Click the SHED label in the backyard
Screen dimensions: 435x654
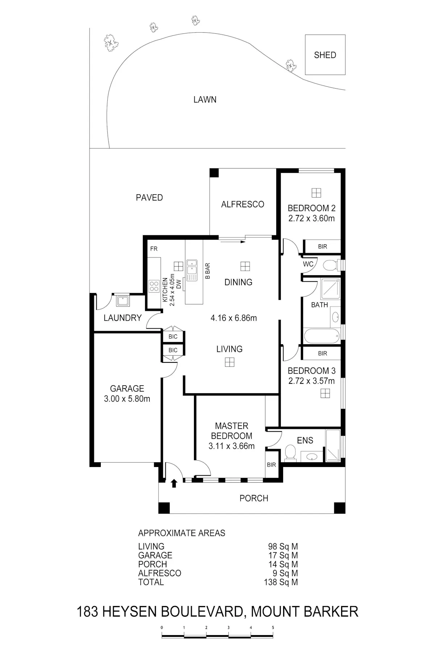click(x=325, y=55)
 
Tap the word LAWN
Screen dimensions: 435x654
click(x=205, y=99)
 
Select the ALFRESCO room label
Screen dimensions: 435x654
click(x=243, y=204)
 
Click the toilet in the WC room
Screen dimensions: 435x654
click(x=330, y=265)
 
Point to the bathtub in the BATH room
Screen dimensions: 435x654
click(x=322, y=336)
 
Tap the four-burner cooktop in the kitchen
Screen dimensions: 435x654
click(x=154, y=286)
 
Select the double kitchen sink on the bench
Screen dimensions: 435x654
click(x=191, y=270)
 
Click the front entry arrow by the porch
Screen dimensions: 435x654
click(x=174, y=483)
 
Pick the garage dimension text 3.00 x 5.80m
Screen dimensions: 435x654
click(x=127, y=399)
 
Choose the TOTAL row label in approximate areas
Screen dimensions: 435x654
click(x=151, y=582)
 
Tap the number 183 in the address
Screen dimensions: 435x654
click(x=88, y=612)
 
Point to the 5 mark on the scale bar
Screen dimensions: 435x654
click(x=273, y=627)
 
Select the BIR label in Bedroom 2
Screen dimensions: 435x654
click(x=323, y=247)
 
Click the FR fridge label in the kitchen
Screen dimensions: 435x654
click(x=154, y=249)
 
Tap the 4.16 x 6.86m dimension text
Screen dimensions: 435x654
click(x=234, y=318)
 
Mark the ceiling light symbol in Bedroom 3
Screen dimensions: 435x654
click(x=325, y=394)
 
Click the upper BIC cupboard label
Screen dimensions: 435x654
click(x=173, y=337)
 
